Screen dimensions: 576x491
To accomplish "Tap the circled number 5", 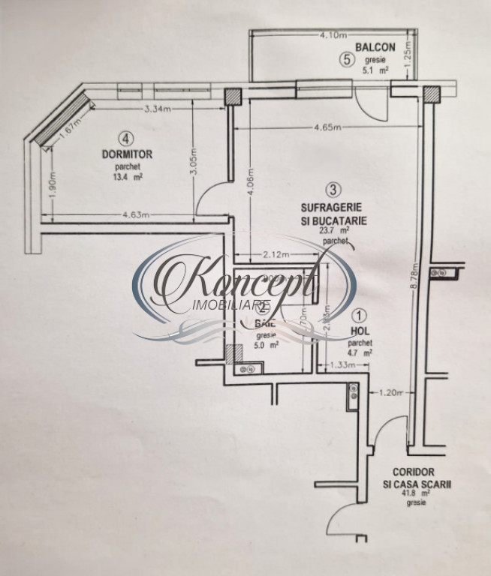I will click(x=345, y=61).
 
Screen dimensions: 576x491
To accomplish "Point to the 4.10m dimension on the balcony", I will click(x=331, y=34).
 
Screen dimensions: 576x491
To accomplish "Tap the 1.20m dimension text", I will click(x=392, y=392).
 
